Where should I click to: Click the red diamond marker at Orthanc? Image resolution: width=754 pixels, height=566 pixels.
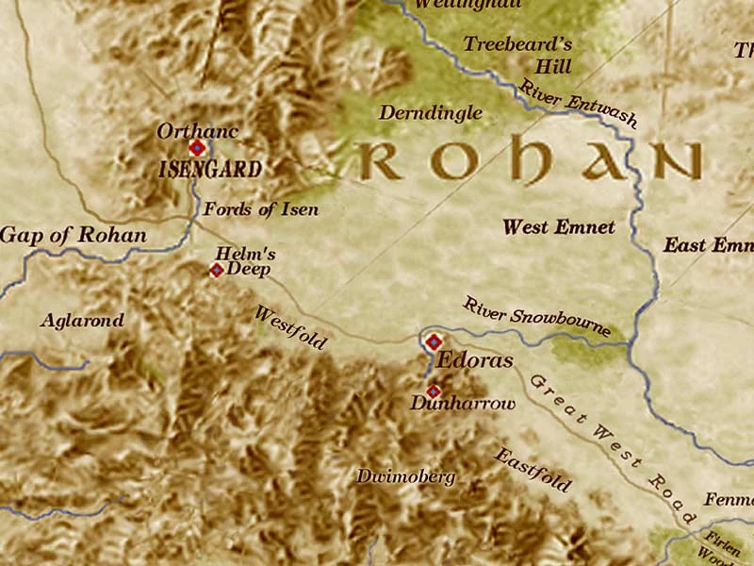(x=197, y=148)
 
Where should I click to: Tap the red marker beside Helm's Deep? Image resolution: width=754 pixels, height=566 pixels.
(x=216, y=271)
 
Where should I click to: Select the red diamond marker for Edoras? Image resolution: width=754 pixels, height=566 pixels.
(x=434, y=341)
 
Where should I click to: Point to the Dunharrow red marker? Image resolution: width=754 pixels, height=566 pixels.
(x=433, y=391)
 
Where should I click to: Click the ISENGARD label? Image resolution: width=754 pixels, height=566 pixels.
(x=210, y=171)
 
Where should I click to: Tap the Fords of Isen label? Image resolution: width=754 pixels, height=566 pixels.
(x=261, y=209)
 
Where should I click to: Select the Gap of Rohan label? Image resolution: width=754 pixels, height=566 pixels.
(x=74, y=235)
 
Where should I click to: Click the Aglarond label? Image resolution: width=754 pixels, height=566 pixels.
(x=82, y=321)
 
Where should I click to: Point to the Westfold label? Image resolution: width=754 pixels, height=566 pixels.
(x=290, y=327)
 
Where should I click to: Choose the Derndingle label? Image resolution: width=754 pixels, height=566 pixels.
(x=431, y=113)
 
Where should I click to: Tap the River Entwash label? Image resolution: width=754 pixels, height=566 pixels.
(x=578, y=104)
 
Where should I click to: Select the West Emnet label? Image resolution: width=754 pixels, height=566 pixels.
(x=559, y=226)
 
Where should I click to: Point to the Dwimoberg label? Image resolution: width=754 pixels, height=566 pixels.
(x=405, y=476)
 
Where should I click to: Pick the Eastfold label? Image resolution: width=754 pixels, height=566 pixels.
(x=533, y=469)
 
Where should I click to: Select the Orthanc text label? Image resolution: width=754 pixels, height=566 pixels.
(x=198, y=130)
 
